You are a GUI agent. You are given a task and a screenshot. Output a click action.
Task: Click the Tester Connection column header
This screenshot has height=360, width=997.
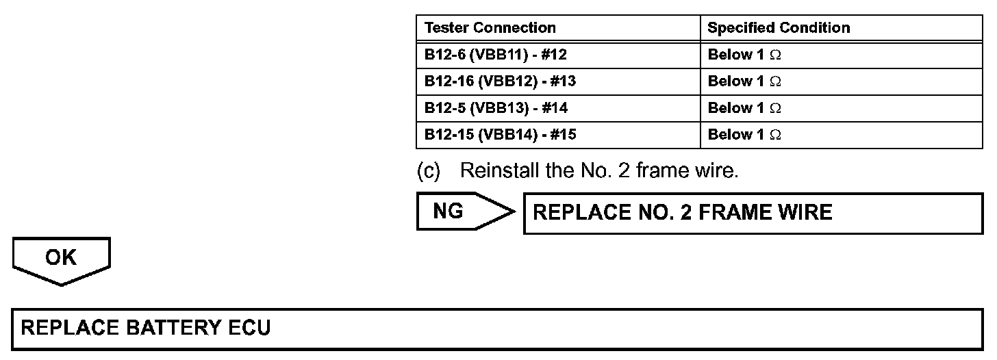tap(490, 28)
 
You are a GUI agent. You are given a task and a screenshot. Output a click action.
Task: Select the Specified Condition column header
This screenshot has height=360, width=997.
tap(779, 28)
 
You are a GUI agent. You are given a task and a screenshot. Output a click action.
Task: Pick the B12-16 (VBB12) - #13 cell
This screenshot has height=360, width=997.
tap(500, 81)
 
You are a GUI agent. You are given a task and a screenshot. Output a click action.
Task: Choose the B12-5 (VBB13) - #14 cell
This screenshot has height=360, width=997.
tap(496, 108)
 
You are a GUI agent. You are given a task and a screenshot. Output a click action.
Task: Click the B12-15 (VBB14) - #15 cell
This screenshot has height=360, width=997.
tap(500, 135)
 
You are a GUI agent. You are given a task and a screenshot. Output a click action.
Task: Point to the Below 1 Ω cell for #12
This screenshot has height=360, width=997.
tap(744, 55)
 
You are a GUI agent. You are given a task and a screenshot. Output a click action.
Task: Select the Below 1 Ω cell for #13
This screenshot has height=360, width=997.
tap(744, 81)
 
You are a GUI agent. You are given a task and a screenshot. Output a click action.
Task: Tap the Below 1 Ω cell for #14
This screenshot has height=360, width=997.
tap(744, 108)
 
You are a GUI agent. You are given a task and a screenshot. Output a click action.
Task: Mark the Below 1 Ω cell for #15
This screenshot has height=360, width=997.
tap(744, 135)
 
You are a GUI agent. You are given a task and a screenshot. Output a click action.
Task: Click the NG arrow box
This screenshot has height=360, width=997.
tap(459, 211)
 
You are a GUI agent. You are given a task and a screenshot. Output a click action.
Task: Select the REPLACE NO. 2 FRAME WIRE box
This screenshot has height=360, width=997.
tap(753, 214)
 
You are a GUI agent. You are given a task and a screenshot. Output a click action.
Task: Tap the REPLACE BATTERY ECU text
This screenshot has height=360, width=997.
tap(146, 328)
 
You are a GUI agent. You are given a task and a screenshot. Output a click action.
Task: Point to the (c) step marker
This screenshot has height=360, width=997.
tap(429, 171)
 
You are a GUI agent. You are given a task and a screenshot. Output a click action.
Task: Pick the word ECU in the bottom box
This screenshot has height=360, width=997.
tap(249, 328)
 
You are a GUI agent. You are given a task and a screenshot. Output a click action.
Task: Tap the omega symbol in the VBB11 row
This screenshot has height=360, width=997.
tap(774, 55)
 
